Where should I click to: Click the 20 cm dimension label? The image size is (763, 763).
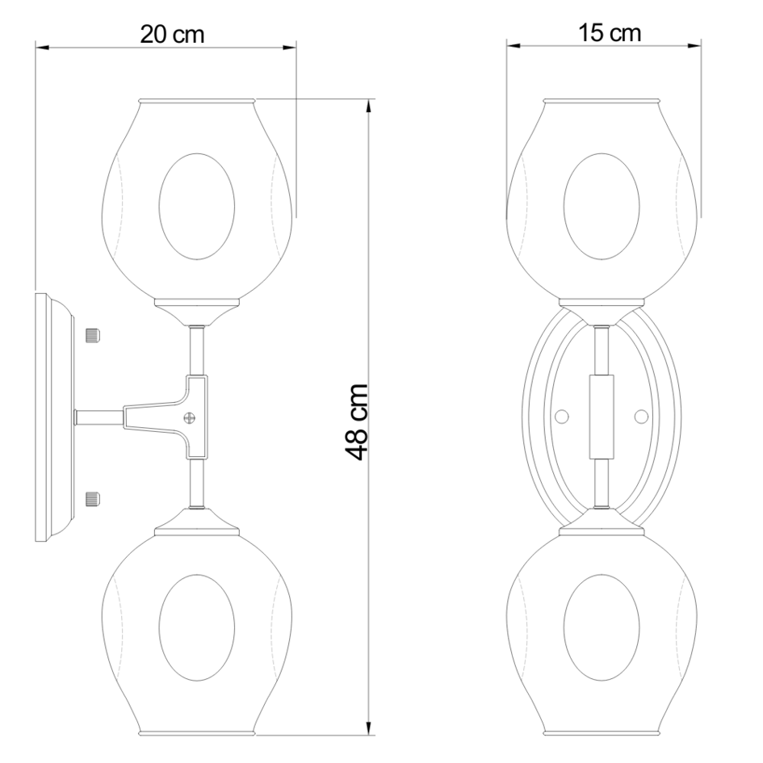pos(172,35)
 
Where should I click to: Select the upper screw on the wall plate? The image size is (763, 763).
pos(92,334)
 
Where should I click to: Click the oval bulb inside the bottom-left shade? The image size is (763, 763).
pos(197,620)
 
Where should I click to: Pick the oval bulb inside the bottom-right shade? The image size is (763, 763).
pos(602,620)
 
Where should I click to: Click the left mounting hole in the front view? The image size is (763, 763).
pos(562,416)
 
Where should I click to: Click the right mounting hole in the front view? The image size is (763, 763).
pos(641,416)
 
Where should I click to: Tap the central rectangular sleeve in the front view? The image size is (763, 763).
pos(602,417)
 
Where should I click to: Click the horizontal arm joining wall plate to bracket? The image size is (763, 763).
pos(98,417)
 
